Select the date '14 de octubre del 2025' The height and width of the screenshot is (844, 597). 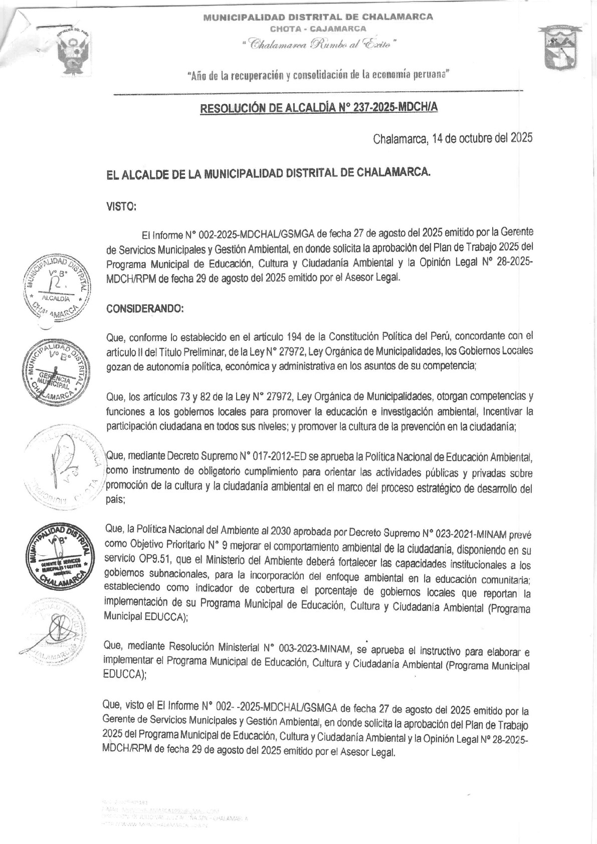pyautogui.click(x=481, y=138)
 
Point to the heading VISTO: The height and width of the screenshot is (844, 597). pyautogui.click(x=121, y=206)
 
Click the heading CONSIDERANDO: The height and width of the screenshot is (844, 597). pyautogui.click(x=145, y=309)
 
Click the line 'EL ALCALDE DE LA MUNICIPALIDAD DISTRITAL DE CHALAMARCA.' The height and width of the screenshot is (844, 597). pyautogui.click(x=268, y=173)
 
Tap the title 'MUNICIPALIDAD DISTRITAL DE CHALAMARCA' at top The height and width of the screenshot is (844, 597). pyautogui.click(x=318, y=17)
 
